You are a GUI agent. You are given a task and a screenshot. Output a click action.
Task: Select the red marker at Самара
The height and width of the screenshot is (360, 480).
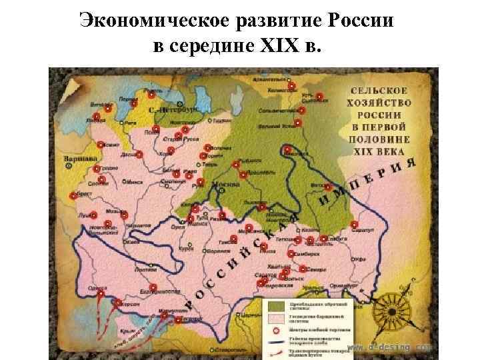[x=304, y=268]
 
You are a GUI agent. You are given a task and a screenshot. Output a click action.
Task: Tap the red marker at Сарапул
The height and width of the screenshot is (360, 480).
[x=353, y=224]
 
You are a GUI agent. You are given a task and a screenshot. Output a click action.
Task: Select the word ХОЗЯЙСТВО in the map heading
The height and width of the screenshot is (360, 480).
[x=379, y=104]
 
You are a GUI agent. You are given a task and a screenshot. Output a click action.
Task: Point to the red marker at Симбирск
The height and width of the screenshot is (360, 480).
[x=291, y=254]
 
